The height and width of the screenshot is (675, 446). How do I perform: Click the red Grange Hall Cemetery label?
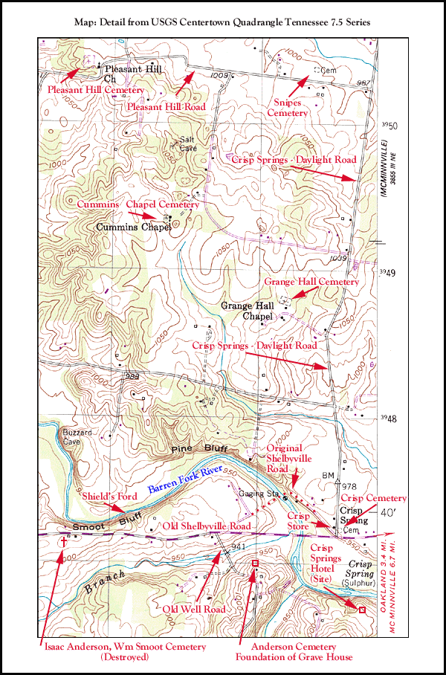(311, 282)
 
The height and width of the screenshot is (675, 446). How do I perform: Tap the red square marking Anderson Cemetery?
(256, 563)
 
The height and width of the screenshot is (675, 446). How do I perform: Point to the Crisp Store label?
(298, 520)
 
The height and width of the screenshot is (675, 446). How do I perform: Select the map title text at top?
(222, 23)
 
